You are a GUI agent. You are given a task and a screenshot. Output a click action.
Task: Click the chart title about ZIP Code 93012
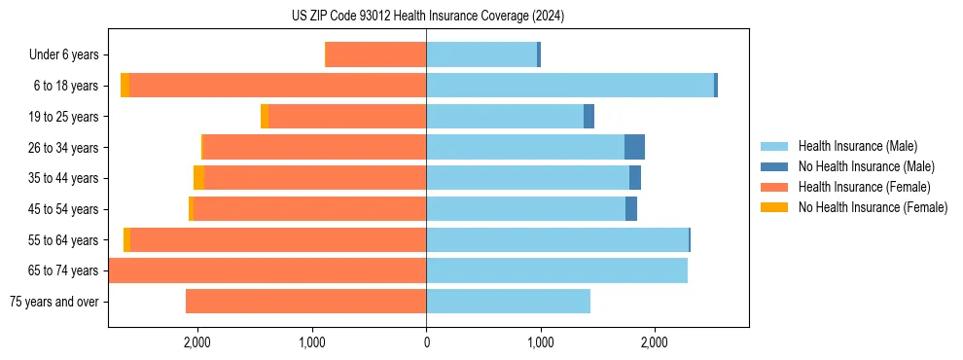(427, 16)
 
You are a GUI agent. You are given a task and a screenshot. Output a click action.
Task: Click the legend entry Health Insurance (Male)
(857, 146)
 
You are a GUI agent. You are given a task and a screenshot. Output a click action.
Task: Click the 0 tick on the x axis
(426, 342)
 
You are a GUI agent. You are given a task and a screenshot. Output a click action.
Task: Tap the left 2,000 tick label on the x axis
(197, 342)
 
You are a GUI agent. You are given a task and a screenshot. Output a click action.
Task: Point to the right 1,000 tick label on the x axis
(541, 342)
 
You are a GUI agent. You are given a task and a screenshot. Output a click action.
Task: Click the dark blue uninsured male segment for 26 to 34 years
(634, 147)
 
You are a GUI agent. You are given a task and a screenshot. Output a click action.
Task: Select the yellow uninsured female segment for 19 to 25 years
(265, 117)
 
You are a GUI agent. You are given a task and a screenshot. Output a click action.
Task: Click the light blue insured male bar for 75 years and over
(508, 302)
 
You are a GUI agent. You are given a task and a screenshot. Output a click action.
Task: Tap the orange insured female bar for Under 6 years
(375, 55)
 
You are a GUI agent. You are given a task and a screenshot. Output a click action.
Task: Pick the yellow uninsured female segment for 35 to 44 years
(199, 178)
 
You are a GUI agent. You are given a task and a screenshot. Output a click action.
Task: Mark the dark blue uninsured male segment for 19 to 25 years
(588, 117)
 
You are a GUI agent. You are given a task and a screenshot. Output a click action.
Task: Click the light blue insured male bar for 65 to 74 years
(556, 270)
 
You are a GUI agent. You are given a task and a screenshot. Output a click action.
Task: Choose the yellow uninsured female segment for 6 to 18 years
(125, 86)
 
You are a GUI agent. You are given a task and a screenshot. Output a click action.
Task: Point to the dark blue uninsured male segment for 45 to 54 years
(631, 209)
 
